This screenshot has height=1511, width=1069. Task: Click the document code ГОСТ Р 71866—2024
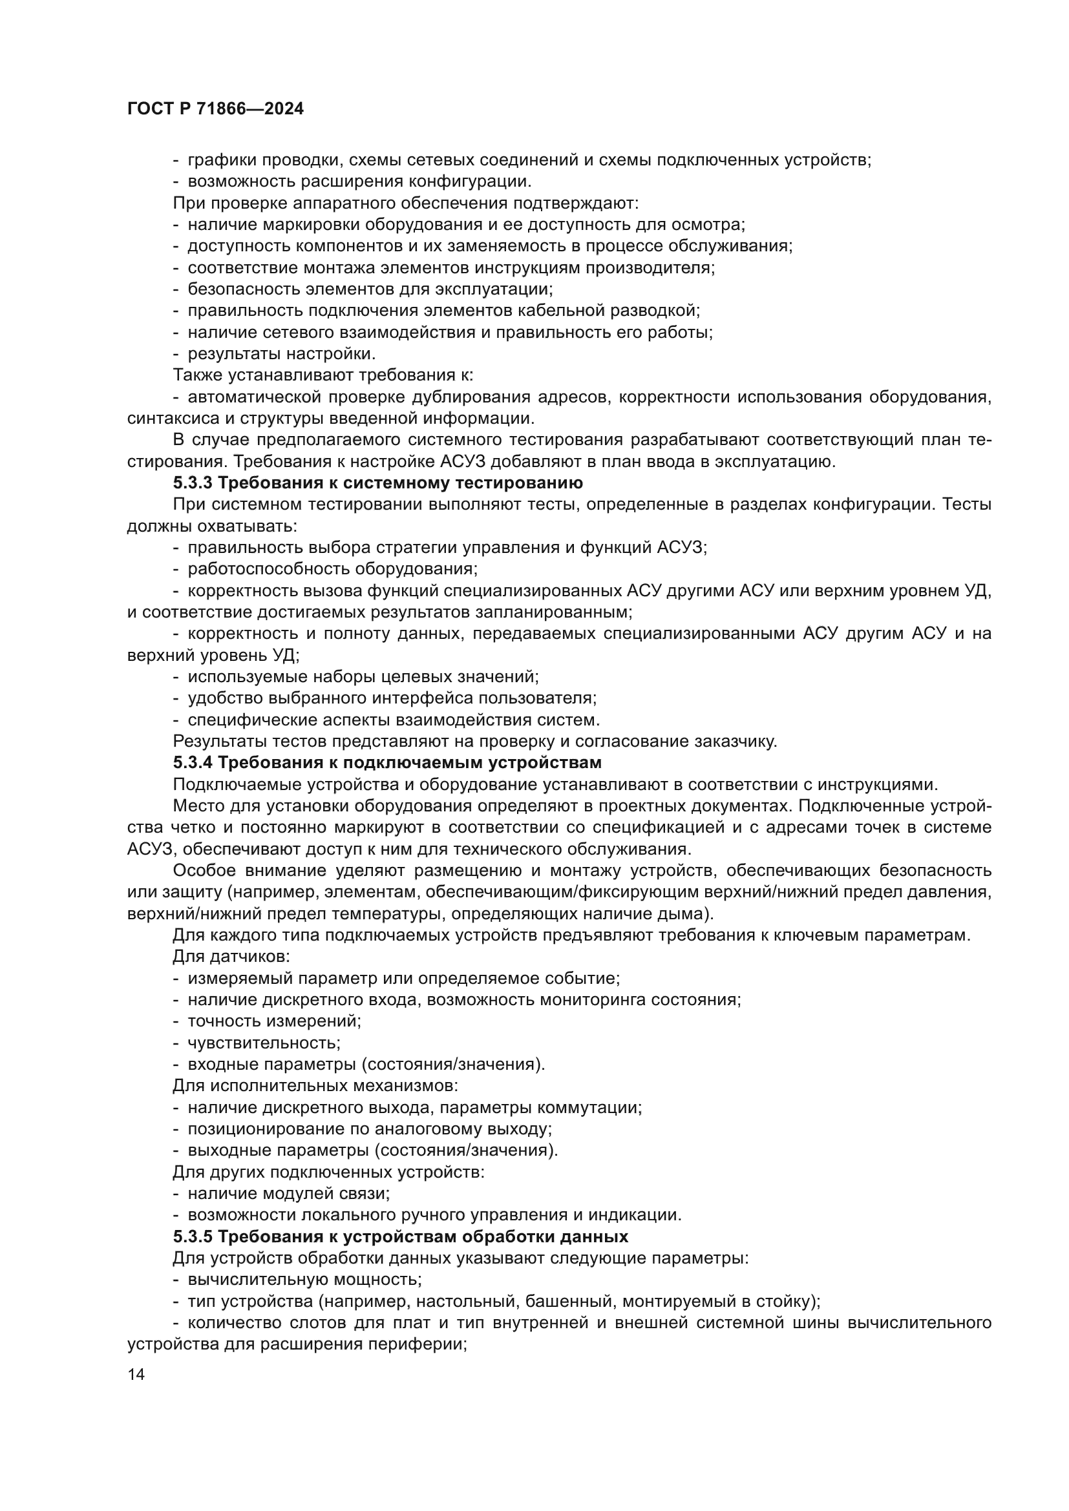215,109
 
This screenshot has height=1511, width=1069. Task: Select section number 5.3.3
192,483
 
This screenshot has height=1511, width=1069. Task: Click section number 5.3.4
192,763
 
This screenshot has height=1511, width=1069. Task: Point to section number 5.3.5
192,1236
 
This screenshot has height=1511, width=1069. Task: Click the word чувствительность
262,1043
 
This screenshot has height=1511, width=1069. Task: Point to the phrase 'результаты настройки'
281,354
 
